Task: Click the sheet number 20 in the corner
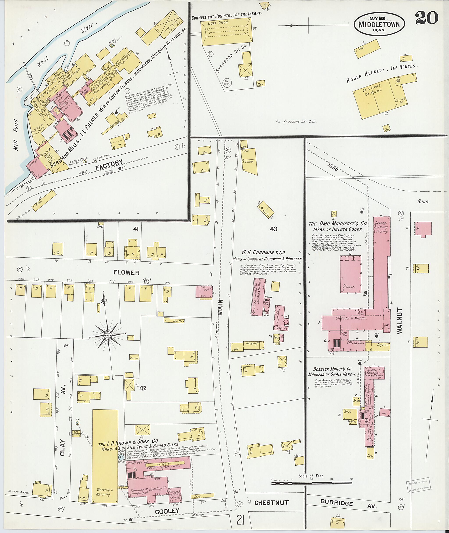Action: [x=427, y=18]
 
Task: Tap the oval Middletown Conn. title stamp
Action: [x=379, y=24]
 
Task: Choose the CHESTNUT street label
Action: [x=272, y=502]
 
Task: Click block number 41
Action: [x=135, y=229]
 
